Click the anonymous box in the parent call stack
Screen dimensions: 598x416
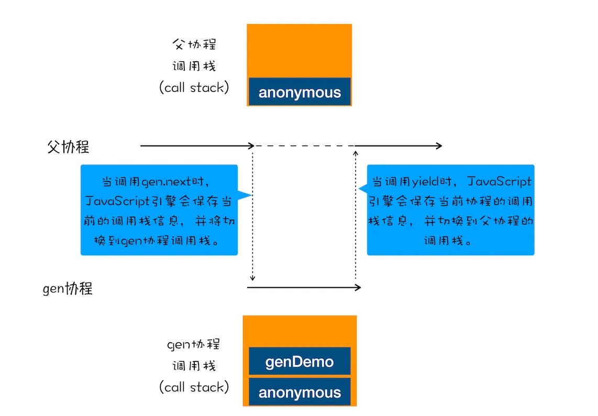point(300,92)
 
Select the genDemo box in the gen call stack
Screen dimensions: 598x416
point(300,361)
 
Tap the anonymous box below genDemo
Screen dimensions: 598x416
point(300,391)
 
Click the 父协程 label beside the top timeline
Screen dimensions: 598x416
point(68,147)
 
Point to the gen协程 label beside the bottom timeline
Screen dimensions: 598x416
point(68,288)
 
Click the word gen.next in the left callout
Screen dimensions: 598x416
point(167,182)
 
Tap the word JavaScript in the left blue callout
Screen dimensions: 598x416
point(117,201)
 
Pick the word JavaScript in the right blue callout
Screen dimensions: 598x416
point(499,182)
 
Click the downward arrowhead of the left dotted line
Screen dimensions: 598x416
point(252,278)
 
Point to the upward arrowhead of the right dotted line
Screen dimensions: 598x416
point(356,153)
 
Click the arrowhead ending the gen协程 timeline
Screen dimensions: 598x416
point(358,287)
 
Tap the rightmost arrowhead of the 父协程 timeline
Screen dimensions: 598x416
point(439,145)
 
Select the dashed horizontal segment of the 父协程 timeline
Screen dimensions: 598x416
point(304,145)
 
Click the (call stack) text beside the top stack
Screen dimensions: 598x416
point(194,87)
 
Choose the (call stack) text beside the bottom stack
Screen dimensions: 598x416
point(194,387)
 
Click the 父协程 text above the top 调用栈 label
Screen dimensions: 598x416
point(194,44)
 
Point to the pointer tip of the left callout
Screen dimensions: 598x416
point(251,195)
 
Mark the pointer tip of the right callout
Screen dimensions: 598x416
point(359,188)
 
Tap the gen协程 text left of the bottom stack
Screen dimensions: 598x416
point(194,344)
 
